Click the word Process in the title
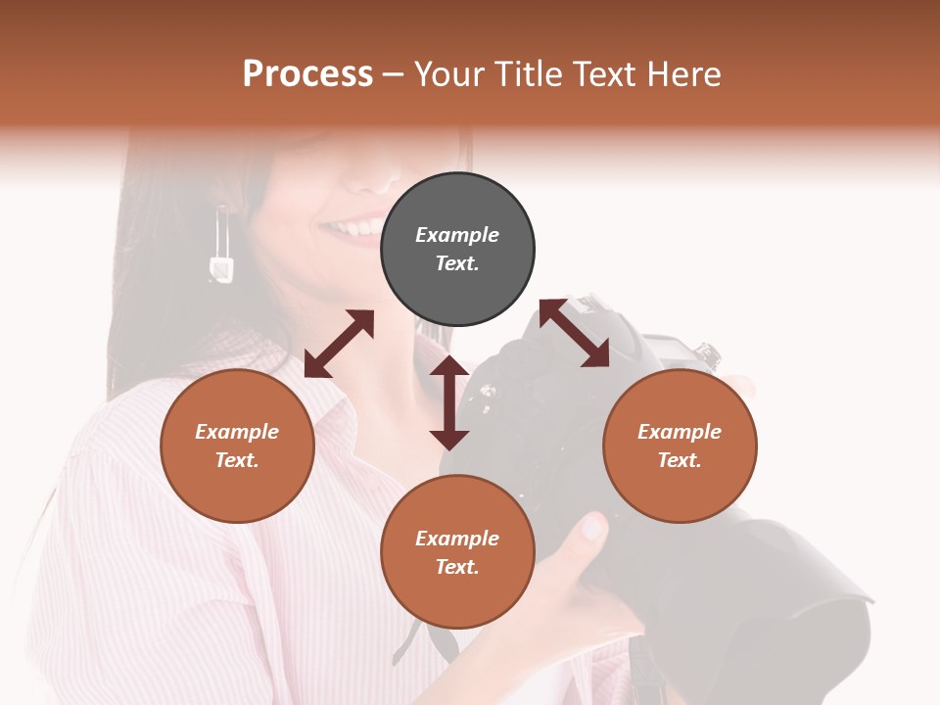[x=307, y=74]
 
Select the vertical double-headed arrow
[x=449, y=402]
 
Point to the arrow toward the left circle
[x=339, y=344]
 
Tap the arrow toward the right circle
[x=574, y=333]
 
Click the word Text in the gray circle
[x=457, y=263]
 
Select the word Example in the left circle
[x=237, y=432]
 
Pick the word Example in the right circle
[x=680, y=432]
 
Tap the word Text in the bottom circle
[x=457, y=567]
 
